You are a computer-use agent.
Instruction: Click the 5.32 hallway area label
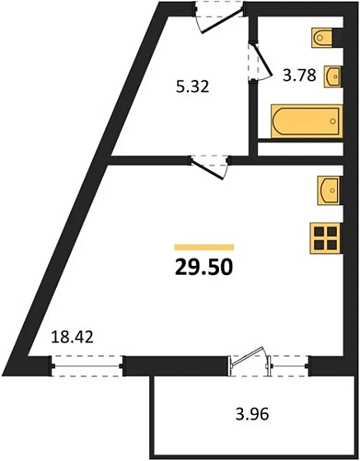[x=191, y=84]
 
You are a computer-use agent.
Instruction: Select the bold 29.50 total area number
[x=203, y=267]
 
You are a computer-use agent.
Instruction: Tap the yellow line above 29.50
[x=203, y=246]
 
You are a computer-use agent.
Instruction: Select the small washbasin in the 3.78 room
[x=333, y=76]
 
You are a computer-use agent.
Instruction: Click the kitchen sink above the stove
[x=329, y=190]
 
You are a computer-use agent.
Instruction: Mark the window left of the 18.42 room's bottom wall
[x=87, y=363]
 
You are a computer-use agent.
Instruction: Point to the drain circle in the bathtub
[x=333, y=121]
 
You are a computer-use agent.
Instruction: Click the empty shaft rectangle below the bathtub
[x=301, y=150]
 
